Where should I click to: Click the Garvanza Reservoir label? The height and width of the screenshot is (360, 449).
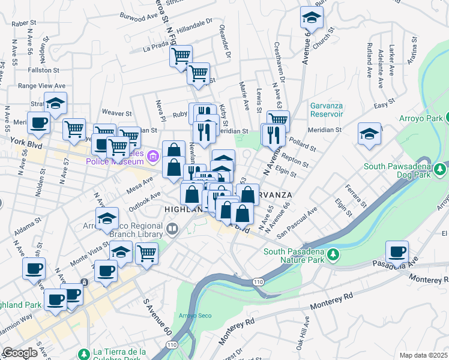pyautogui.click(x=326, y=110)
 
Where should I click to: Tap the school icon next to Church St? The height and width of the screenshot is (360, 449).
pyautogui.click(x=312, y=18)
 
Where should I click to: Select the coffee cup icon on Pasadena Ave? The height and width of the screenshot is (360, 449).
pyautogui.click(x=397, y=252)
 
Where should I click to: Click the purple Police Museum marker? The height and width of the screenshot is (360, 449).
pyautogui.click(x=153, y=158)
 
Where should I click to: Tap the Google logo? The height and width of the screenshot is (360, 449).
pyautogui.click(x=20, y=353)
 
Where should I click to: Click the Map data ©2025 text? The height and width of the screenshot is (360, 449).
pyautogui.click(x=423, y=355)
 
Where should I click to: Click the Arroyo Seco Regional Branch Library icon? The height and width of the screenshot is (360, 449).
pyautogui.click(x=172, y=228)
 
